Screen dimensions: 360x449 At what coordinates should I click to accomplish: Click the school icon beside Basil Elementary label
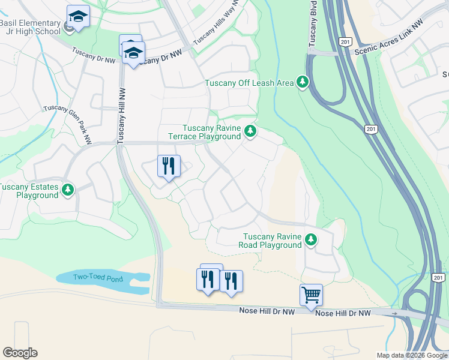(78, 16)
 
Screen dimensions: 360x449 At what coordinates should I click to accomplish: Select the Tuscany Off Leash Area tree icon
(303, 82)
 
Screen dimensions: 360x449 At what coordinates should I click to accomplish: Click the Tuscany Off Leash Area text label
(249, 83)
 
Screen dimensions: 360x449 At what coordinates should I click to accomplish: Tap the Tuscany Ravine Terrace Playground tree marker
(250, 131)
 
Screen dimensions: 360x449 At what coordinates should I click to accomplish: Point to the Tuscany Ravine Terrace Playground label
(211, 132)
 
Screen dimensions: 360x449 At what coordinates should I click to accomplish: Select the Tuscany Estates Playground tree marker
(68, 190)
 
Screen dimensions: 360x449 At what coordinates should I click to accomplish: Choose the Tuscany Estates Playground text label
(29, 191)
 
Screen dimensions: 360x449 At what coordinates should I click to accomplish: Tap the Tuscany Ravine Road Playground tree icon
(310, 240)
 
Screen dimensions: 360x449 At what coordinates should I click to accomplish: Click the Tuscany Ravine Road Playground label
(270, 241)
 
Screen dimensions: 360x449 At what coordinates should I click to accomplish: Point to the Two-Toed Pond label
(97, 277)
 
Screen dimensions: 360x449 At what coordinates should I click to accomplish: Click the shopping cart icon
(311, 295)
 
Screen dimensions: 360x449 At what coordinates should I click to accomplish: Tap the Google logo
(20, 353)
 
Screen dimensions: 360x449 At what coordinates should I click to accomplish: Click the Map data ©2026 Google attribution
(412, 355)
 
